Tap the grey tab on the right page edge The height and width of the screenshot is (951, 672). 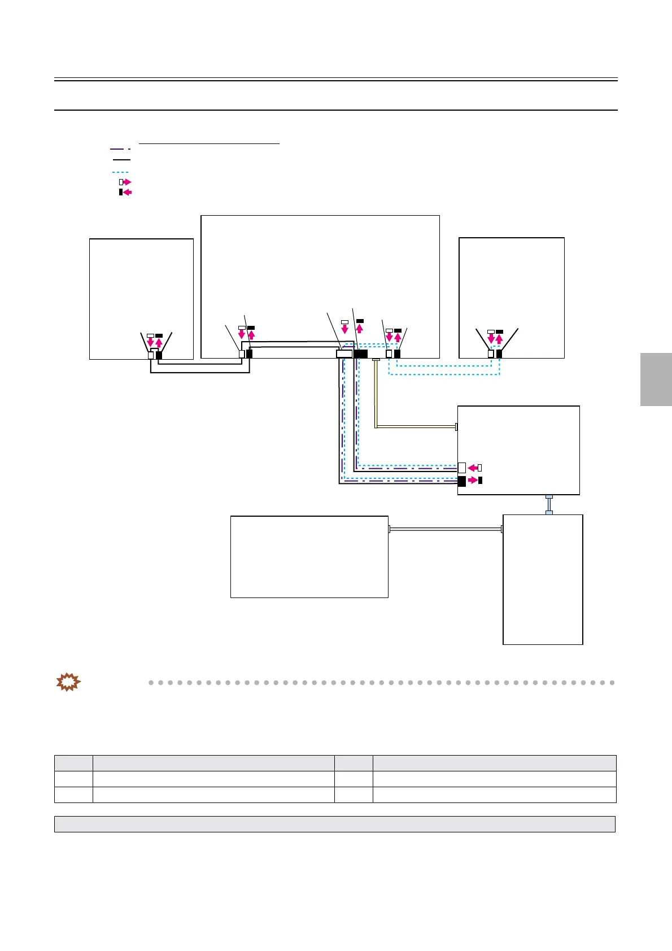[656, 379]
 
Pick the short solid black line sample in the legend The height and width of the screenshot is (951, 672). [121, 160]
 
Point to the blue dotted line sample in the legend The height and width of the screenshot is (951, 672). [120, 172]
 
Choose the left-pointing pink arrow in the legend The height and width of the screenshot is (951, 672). [126, 193]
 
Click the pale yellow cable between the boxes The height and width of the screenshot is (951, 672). [415, 426]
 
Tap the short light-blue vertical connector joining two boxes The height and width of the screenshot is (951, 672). [548, 504]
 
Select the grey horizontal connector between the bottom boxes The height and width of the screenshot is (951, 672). [446, 529]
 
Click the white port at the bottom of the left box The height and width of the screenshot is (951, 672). [151, 355]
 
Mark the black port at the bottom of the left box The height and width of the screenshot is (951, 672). [159, 355]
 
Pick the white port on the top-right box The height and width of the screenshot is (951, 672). [491, 354]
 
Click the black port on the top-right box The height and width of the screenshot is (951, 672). [499, 354]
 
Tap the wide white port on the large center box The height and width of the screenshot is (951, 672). [344, 354]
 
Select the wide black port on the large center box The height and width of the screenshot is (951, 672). [360, 354]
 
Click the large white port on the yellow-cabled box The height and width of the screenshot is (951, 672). [461, 468]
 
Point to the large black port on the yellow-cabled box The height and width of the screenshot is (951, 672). [461, 481]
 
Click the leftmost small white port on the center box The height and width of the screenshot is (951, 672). [242, 354]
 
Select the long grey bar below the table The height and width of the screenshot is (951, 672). [334, 824]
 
